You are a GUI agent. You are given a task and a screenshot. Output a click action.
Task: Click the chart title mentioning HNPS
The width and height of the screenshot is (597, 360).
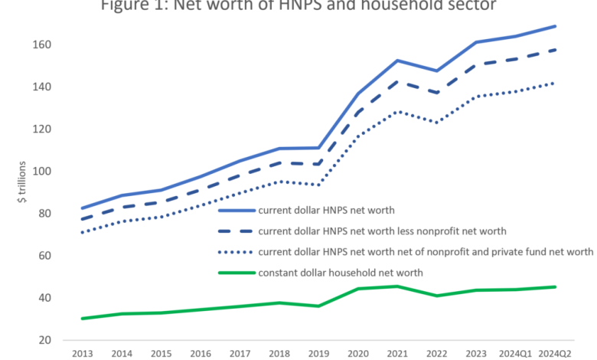click(x=298, y=7)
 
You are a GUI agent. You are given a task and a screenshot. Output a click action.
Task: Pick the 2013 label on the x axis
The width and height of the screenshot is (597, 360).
click(x=82, y=354)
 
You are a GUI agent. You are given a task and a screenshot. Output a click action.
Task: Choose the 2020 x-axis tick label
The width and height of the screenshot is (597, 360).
click(x=357, y=354)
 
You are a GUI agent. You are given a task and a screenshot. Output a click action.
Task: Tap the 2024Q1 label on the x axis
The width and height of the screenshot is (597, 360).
click(x=515, y=354)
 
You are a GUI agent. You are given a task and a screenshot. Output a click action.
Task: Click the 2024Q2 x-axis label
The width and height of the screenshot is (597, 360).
click(x=554, y=354)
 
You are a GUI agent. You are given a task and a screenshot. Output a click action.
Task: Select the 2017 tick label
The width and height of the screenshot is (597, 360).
click(x=240, y=354)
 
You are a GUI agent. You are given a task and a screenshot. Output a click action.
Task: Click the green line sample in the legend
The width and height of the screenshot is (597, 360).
click(x=237, y=272)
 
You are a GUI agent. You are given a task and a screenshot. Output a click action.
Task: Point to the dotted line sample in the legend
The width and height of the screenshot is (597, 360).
click(x=237, y=251)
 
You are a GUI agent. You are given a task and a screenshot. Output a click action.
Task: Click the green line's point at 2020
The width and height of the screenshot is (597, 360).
click(x=358, y=289)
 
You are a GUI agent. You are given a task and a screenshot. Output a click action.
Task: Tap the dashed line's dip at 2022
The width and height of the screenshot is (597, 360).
click(x=436, y=93)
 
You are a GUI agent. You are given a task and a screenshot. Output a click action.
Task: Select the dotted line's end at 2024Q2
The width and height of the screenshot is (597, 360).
click(x=554, y=83)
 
